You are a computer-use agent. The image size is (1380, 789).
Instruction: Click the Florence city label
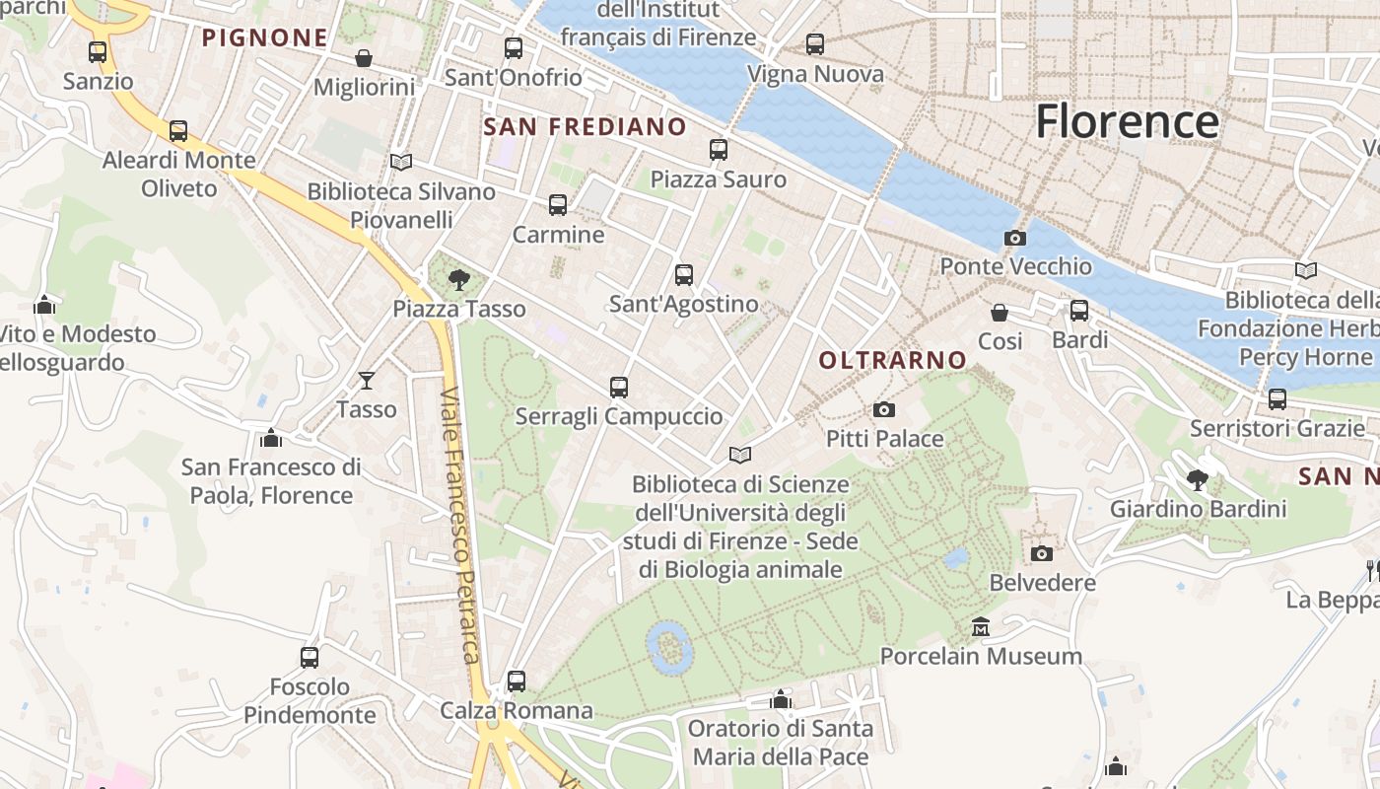tap(1127, 121)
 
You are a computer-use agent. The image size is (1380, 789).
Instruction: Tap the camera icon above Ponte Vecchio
tap(1014, 238)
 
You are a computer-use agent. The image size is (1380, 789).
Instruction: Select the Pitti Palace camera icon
tap(884, 409)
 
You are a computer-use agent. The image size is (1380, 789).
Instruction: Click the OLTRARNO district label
tap(893, 361)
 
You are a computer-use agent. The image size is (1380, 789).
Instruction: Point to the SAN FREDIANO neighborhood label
tap(585, 126)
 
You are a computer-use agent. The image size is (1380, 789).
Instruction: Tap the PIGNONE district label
tap(264, 38)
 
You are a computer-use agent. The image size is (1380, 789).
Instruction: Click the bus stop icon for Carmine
tap(558, 205)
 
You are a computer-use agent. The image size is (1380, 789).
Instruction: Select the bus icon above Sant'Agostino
tap(684, 275)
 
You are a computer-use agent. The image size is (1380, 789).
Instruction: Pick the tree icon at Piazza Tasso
tap(458, 280)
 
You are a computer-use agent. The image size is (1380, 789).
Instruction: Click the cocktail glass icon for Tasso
tap(367, 380)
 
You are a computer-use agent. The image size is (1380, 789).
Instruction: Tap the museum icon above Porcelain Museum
tap(981, 627)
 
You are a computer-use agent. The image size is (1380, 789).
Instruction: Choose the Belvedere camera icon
tap(1042, 553)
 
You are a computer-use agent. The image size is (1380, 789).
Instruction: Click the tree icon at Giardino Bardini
tap(1198, 480)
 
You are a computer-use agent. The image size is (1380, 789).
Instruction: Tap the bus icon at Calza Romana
tap(516, 681)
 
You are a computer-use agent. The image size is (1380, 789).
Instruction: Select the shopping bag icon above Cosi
tap(1000, 313)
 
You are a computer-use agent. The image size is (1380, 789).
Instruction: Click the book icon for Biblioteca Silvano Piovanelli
tap(401, 162)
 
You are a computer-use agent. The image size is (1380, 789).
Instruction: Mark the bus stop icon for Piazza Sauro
tap(719, 150)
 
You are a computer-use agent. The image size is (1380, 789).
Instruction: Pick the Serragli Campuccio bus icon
tap(619, 388)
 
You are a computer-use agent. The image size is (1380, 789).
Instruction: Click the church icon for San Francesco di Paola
tap(271, 437)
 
